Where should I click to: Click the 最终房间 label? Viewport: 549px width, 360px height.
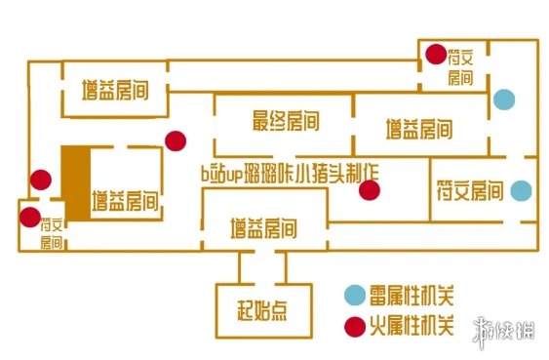click(x=286, y=122)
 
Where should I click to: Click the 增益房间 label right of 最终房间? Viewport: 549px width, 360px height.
click(x=417, y=127)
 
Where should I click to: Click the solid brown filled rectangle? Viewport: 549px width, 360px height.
click(x=75, y=184)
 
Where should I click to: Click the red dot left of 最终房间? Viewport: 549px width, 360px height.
click(x=176, y=140)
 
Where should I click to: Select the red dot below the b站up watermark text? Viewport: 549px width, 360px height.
click(x=368, y=190)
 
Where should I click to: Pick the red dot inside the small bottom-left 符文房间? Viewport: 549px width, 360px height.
click(x=30, y=217)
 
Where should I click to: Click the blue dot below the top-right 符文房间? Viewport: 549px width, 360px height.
click(x=503, y=99)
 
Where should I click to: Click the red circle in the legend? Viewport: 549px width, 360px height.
click(x=352, y=325)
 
